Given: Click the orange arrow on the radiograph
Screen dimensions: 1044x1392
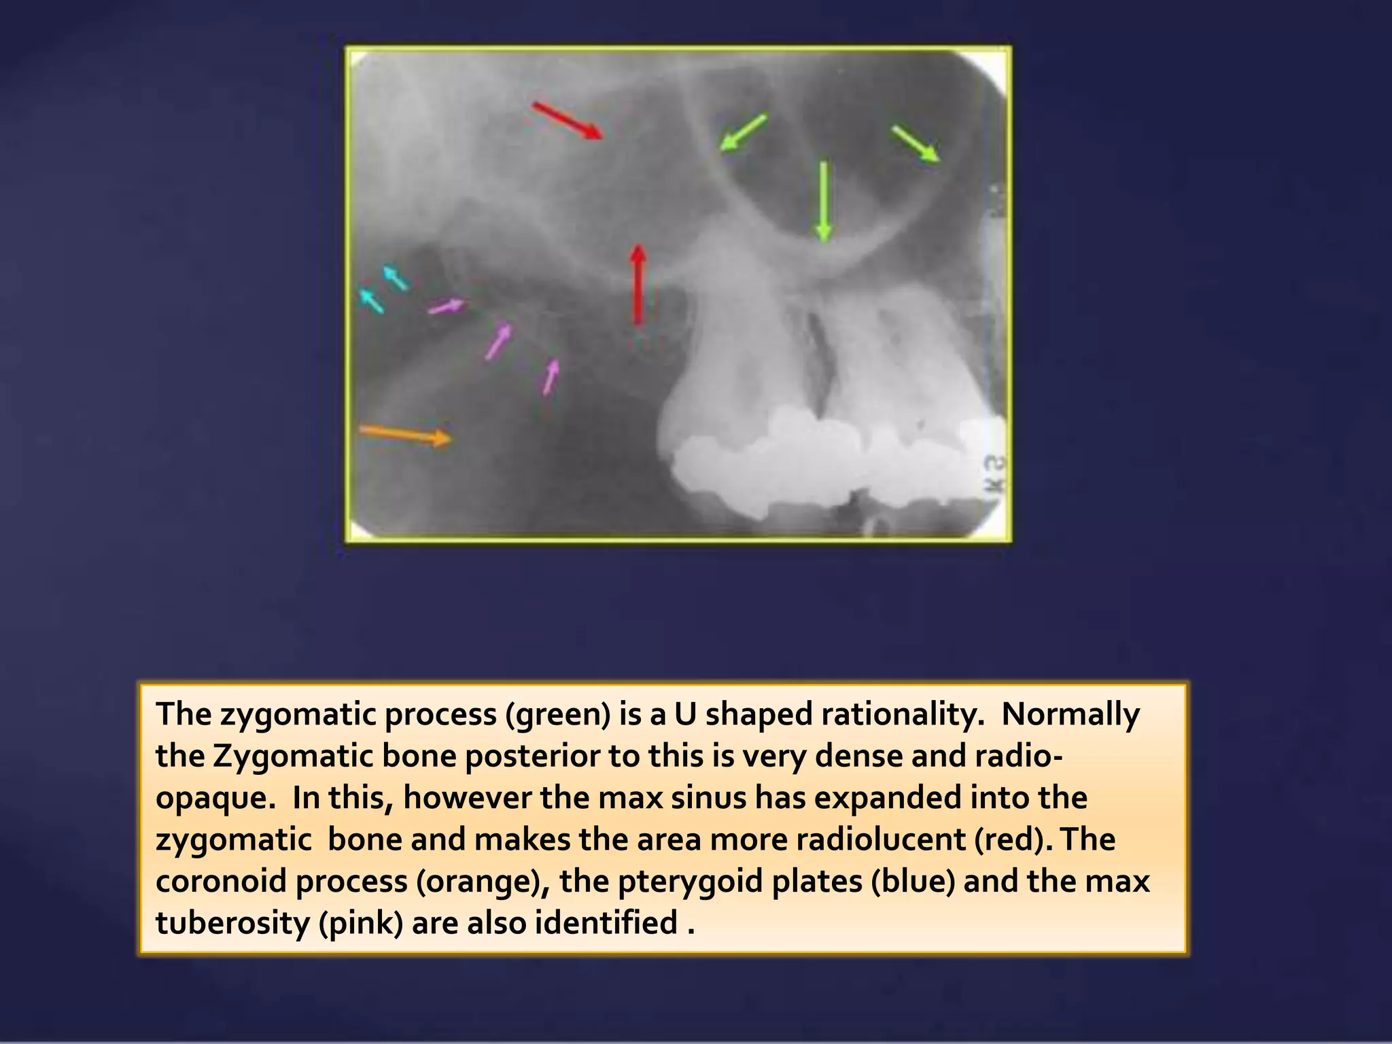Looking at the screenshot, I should coord(404,434).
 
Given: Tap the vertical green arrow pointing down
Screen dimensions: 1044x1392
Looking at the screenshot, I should coord(824,201).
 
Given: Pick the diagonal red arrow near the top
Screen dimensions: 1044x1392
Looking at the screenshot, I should coord(567,120).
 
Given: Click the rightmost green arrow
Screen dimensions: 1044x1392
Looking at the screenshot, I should coord(916,143).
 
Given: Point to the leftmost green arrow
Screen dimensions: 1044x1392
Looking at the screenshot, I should coord(743,132).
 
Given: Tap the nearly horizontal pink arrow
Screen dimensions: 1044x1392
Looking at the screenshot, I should coord(447,307).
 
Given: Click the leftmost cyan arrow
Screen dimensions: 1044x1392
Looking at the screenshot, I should coord(370,300).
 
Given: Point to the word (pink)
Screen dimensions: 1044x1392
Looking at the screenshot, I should coord(361,923).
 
